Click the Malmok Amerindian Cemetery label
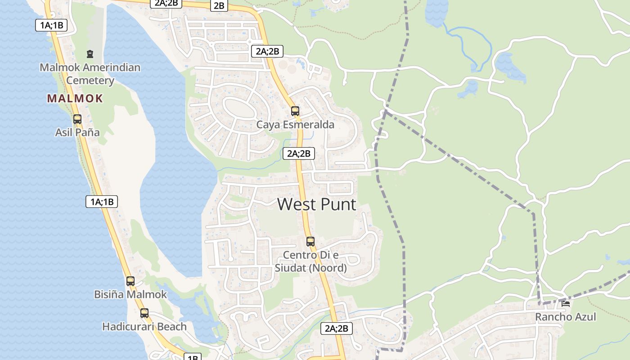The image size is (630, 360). pos(90,74)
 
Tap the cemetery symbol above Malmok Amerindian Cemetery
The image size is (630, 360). pos(90,54)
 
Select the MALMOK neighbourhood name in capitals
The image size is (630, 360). pos(75,98)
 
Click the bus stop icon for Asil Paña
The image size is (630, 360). pos(77,119)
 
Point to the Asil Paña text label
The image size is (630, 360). pos(77,132)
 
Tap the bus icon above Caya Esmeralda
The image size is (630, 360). pos(295,111)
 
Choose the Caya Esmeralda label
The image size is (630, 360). pos(295,125)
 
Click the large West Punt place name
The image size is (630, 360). pos(317,204)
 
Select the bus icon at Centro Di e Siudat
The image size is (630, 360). pos(310,241)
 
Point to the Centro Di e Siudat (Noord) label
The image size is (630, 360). pos(310,261)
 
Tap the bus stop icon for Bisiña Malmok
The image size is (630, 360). pos(130,281)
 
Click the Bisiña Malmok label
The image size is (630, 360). pos(130,294)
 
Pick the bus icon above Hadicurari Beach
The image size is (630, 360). pos(144,313)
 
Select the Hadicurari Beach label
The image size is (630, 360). pos(144,326)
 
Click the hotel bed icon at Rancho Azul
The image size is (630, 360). pos(566,304)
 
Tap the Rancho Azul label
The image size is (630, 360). pos(566,317)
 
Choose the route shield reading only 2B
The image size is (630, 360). pos(219,5)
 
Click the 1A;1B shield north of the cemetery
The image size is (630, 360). pos(51,25)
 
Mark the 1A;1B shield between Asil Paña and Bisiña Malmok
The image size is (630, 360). pos(102,202)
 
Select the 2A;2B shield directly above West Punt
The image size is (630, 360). pos(299,153)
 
